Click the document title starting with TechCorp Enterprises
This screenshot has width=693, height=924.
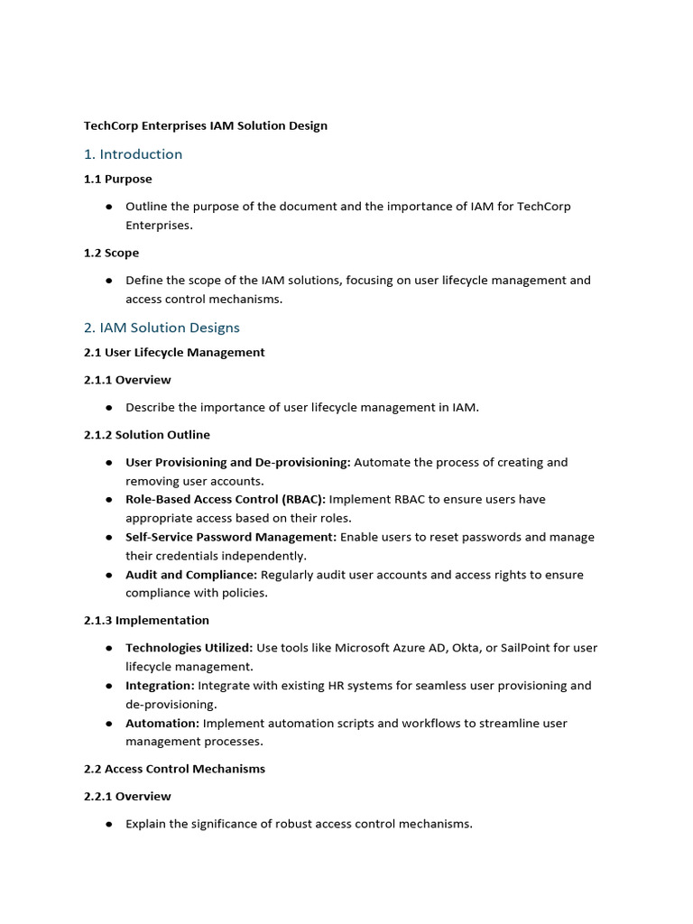(206, 125)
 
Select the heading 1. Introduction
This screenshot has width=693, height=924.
(134, 154)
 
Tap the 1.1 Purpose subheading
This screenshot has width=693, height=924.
(118, 179)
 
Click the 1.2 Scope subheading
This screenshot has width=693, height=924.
(112, 253)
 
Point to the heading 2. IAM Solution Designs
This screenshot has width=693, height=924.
(162, 328)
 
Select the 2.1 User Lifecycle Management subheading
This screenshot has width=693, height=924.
(175, 352)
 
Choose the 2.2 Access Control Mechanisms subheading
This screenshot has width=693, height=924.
(175, 769)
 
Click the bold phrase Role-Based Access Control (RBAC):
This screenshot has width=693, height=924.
(226, 499)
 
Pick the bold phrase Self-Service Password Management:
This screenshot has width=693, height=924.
(231, 537)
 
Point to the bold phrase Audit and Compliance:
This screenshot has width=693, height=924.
(191, 575)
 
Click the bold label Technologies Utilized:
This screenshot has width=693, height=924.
(189, 648)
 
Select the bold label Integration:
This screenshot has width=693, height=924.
(160, 686)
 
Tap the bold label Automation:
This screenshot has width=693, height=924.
(162, 723)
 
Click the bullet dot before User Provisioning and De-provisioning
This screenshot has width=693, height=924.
(108, 463)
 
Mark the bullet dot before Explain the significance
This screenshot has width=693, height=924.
(108, 825)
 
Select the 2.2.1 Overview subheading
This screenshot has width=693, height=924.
(127, 796)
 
